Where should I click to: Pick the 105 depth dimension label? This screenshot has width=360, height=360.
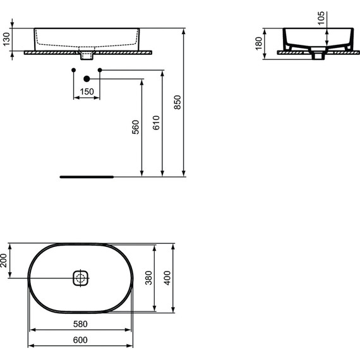(321, 19)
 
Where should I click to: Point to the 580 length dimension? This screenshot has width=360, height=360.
(81, 324)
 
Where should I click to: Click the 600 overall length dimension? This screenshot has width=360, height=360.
(81, 340)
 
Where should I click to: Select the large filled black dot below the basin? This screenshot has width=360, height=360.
(87, 79)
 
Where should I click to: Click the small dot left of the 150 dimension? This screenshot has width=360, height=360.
(74, 68)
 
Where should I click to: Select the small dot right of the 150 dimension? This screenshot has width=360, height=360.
(99, 68)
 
